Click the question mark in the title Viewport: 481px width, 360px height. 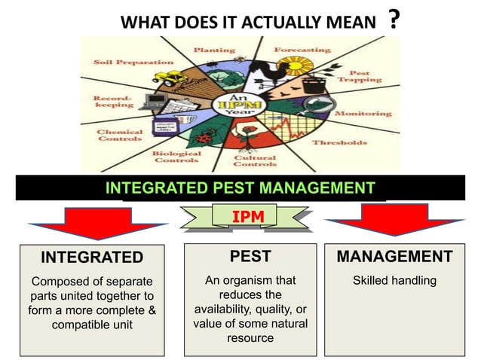click(393, 19)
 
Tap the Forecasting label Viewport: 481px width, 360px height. click(302, 50)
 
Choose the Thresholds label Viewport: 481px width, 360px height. click(339, 142)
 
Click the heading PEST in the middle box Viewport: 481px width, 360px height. click(250, 256)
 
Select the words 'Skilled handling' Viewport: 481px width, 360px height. click(394, 281)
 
